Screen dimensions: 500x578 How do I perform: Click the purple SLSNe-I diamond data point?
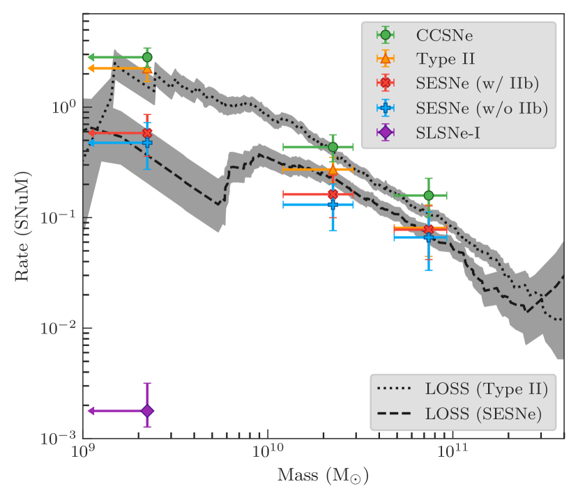pos(147,411)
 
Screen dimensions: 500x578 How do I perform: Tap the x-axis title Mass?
pos(323,476)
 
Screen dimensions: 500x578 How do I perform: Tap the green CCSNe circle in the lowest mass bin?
pos(147,57)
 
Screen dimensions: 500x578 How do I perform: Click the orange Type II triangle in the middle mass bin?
pos(333,169)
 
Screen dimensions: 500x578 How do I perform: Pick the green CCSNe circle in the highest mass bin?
pos(429,196)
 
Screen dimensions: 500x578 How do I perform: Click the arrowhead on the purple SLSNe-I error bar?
pos(91,411)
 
